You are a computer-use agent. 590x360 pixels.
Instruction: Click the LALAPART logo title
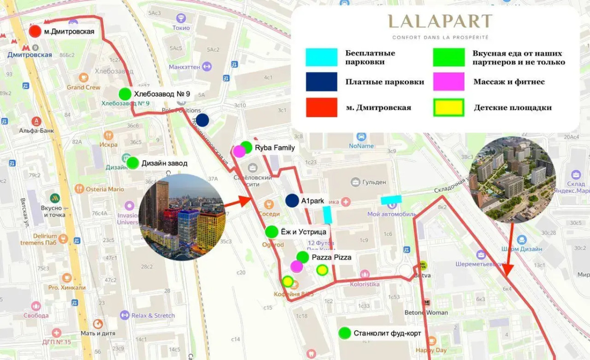(x=440, y=22)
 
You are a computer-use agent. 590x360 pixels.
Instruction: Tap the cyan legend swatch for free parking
(x=322, y=58)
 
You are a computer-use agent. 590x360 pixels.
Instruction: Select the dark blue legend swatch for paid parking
(x=322, y=82)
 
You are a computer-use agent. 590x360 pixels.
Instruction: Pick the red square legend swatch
(x=322, y=107)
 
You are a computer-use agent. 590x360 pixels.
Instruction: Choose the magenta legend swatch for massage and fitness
(x=448, y=82)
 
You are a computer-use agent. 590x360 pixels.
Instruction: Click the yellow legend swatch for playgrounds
(x=448, y=107)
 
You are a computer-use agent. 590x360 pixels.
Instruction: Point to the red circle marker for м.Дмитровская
(x=35, y=32)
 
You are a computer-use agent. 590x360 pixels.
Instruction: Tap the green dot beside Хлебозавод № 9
(x=125, y=93)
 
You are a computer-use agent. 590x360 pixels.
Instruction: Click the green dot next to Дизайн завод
(x=132, y=163)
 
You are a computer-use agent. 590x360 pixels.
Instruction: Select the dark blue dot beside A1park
(x=292, y=200)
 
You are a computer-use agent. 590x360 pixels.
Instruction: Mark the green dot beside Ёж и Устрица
(x=271, y=232)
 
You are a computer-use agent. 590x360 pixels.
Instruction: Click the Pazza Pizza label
(x=331, y=257)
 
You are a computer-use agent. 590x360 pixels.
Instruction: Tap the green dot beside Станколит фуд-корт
(x=345, y=333)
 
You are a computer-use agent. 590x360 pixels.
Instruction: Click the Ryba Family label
(x=275, y=148)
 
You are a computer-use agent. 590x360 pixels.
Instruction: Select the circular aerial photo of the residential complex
(x=512, y=180)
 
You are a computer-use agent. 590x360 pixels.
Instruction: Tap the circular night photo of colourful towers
(x=182, y=217)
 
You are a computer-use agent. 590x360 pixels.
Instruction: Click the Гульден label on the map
(x=374, y=182)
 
